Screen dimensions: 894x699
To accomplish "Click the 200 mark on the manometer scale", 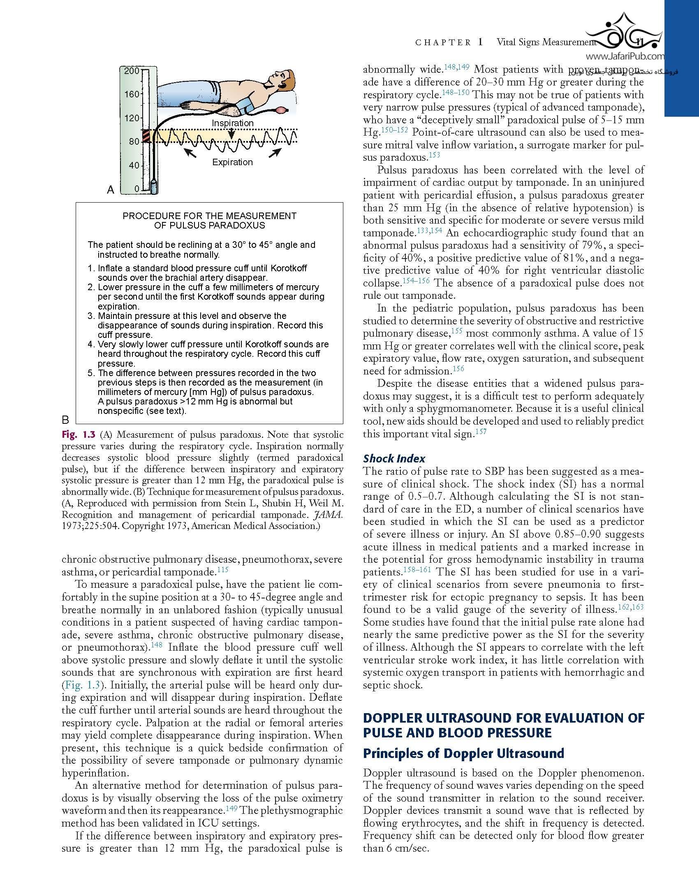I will coord(132,71).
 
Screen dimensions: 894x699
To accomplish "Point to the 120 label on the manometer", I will coord(132,118).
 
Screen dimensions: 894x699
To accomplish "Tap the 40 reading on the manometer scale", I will coord(134,165).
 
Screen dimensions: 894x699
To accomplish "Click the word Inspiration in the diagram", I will coord(232,123).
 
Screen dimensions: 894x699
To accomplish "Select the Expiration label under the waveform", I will coord(232,162).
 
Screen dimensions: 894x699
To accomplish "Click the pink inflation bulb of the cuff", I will coord(282,110).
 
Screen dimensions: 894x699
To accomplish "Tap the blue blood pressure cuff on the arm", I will coord(248,106).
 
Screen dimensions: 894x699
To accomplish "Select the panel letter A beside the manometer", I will coord(110,189).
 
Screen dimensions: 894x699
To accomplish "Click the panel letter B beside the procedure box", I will coord(65,420).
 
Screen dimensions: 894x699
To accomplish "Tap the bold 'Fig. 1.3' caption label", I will coord(78,434).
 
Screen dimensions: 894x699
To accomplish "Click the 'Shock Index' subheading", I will coord(394,459).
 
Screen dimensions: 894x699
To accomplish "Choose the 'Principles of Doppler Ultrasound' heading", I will coord(463,753).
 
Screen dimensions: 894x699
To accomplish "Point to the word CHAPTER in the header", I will coord(443,42).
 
